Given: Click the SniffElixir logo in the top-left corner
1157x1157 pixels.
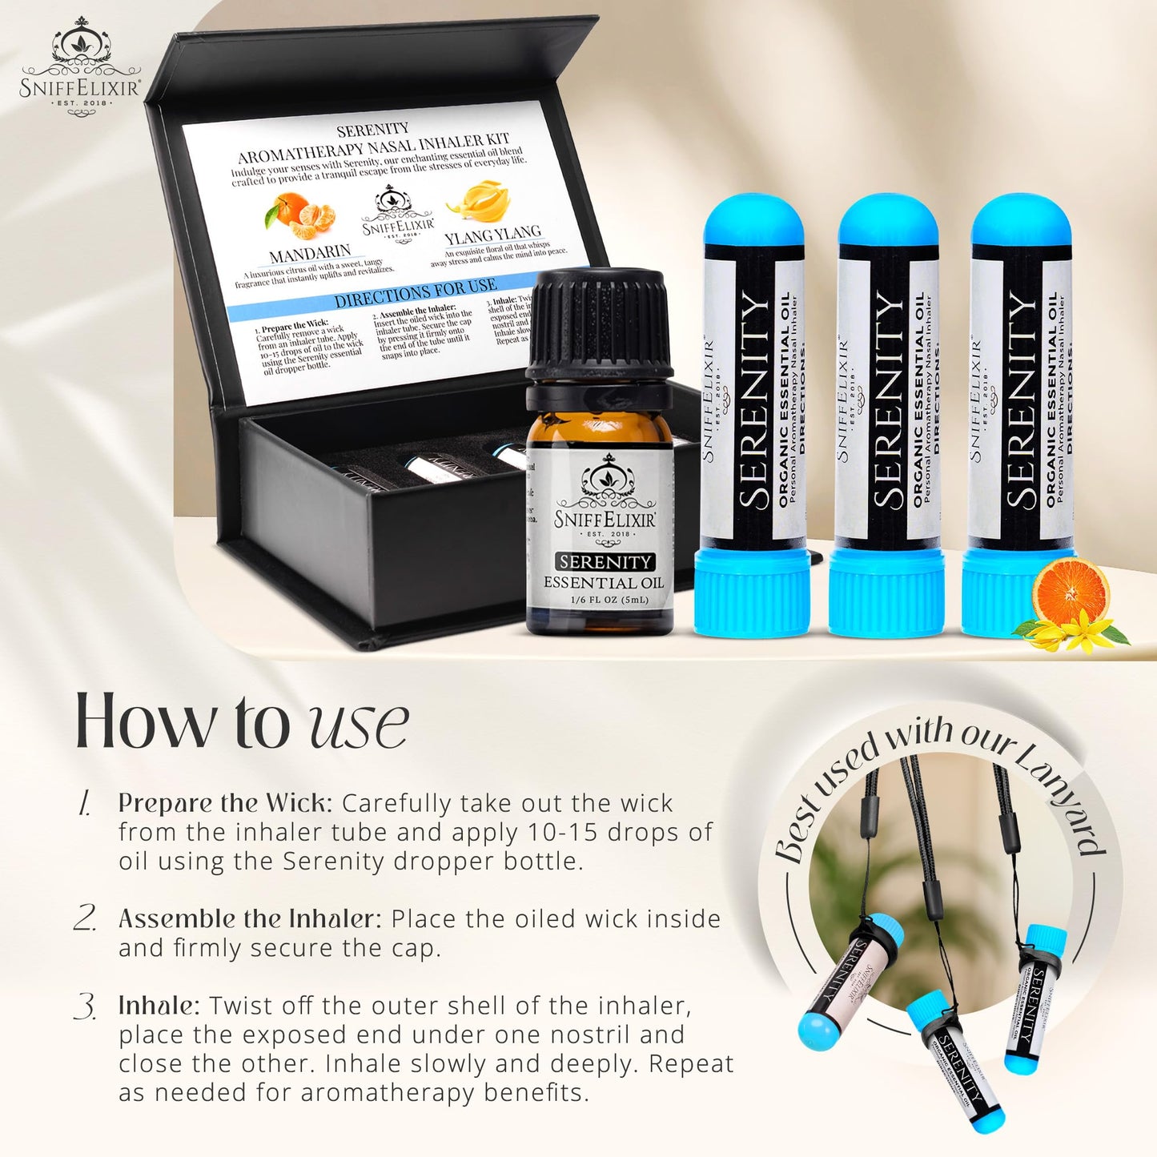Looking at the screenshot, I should (80, 69).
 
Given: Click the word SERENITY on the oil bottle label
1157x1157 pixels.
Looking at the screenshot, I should (605, 562).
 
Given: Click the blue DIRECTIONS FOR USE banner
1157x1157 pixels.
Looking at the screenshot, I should (415, 294).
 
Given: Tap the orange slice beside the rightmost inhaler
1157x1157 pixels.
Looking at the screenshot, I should (1070, 593).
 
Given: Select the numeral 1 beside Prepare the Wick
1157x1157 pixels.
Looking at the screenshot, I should (84, 803).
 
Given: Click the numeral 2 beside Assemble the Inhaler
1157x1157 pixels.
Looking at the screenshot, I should (85, 918).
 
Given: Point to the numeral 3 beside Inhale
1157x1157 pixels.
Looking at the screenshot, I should (85, 1006).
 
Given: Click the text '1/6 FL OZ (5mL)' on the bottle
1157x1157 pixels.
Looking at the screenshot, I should (609, 600).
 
